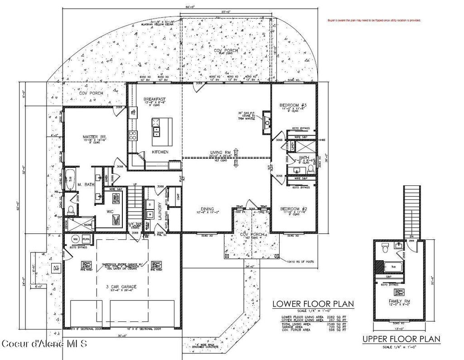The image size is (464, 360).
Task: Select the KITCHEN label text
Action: click(x=160, y=152)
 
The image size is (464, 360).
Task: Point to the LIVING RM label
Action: click(x=220, y=152)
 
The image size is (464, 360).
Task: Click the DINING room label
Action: click(x=208, y=209)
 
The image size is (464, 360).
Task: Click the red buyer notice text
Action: click(x=374, y=20)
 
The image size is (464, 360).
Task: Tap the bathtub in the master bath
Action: click(x=71, y=180)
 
